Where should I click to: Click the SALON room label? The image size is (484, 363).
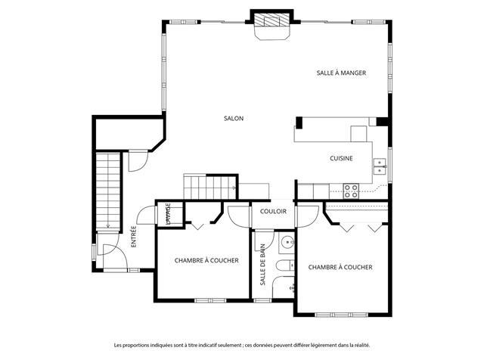click(234, 118)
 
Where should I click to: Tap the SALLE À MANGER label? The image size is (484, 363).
click(341, 73)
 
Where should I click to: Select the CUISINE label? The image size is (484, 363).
click(341, 158)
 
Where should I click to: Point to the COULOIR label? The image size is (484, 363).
click(273, 212)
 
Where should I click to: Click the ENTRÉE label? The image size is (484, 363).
click(134, 237)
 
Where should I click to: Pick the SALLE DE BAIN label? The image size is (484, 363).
click(262, 265)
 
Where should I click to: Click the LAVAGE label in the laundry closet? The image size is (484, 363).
click(168, 213)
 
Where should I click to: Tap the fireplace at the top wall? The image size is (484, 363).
click(271, 25)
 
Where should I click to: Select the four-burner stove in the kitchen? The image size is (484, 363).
click(351, 191)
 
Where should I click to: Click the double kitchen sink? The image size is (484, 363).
click(380, 166)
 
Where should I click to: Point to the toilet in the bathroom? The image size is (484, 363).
click(285, 265)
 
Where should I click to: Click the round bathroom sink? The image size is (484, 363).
click(287, 243)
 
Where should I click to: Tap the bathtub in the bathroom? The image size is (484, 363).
click(284, 287)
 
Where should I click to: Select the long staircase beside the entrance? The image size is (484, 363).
click(107, 191)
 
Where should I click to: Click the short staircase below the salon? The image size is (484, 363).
click(210, 187)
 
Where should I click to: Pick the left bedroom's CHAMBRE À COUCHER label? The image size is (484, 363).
click(206, 260)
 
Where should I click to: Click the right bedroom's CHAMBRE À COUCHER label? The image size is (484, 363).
click(340, 267)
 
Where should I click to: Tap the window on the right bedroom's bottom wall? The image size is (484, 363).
click(341, 315)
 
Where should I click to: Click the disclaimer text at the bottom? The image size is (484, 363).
click(242, 345)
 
